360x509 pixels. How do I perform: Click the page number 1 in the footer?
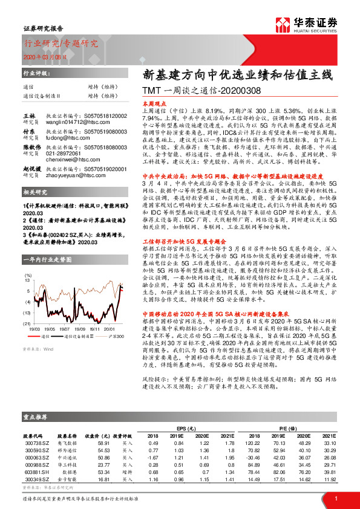tap(335, 498)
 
